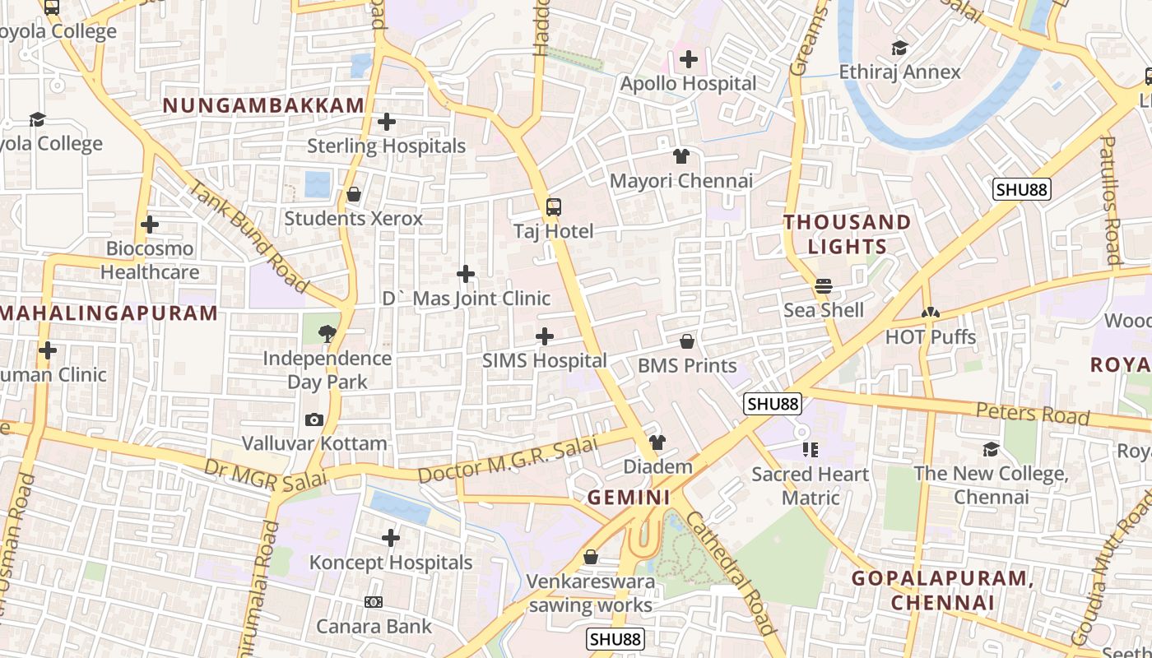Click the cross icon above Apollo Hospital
click(688, 59)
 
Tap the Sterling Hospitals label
click(386, 146)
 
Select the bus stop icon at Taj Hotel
click(554, 207)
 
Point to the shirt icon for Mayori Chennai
click(681, 156)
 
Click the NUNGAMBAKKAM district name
click(263, 105)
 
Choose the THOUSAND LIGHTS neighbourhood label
click(847, 234)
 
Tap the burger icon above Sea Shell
click(823, 286)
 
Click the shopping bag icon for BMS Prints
click(687, 341)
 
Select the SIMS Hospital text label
click(544, 360)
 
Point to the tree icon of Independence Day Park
click(327, 334)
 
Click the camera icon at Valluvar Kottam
click(314, 420)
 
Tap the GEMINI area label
click(629, 498)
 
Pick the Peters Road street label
click(1033, 414)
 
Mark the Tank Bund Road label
click(247, 237)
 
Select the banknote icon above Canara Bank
click(374, 603)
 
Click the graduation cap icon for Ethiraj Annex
click(899, 48)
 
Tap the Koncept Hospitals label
click(391, 563)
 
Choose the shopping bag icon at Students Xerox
click(353, 195)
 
